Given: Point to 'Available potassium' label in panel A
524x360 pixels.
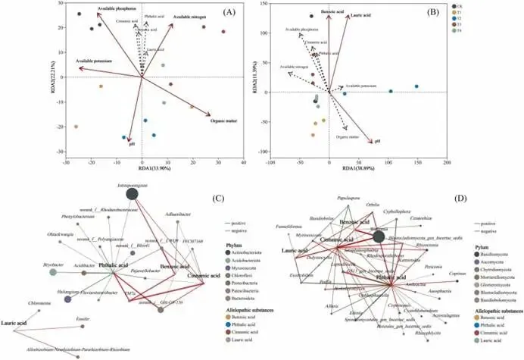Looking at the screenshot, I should (x=89, y=60).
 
